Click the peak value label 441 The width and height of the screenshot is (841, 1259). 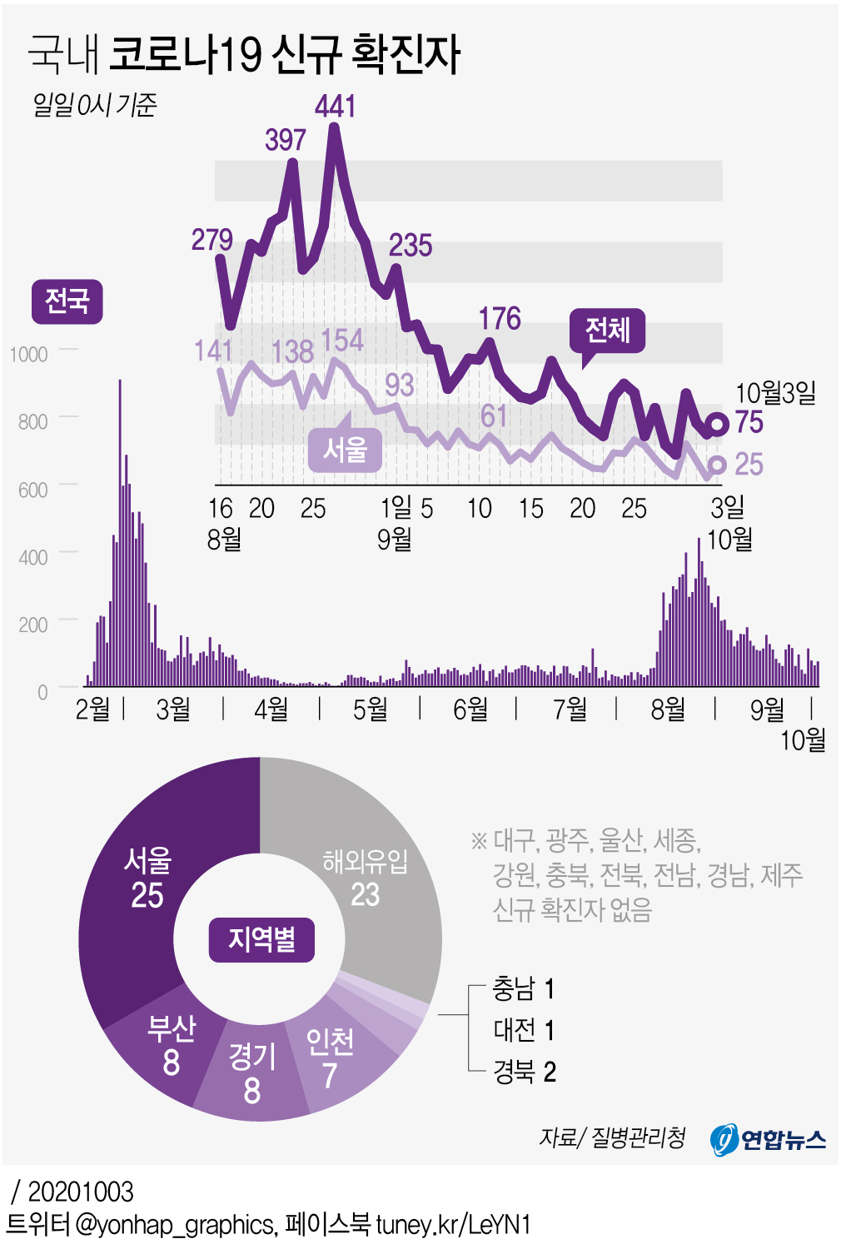pos(336,107)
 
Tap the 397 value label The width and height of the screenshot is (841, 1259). pos(286,140)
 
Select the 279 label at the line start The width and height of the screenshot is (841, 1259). pos(211,240)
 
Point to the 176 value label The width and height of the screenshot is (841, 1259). pos(500,318)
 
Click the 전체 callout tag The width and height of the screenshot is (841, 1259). pos(608,331)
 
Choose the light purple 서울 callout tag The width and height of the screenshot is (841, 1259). pos(345,450)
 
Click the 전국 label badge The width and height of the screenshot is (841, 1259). pos(67,301)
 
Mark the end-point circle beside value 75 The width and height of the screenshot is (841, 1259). pos(716,424)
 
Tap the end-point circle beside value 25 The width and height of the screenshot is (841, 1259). pos(716,465)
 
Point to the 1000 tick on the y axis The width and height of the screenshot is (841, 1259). pos(28,354)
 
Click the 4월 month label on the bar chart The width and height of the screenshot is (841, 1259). pos(271,709)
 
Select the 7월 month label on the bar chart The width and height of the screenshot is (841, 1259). pos(570,709)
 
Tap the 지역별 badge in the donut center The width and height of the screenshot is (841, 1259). pos(261,940)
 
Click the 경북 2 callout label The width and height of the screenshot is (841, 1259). pos(524,1072)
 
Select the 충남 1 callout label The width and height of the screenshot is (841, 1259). pos(523,989)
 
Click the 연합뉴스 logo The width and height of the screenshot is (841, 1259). pos(768,1138)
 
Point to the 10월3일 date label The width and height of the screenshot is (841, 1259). pos(775,392)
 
